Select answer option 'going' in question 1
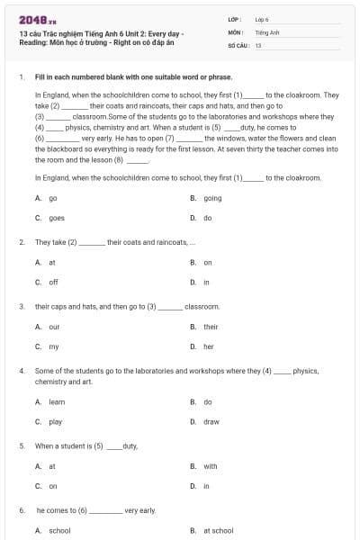point(212,198)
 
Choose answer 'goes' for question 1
point(56,218)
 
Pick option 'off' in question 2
point(53,282)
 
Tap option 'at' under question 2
point(51,263)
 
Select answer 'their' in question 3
point(211,327)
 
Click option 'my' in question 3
point(53,346)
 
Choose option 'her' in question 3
point(208,346)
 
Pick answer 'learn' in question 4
point(57,401)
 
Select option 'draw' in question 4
point(211,421)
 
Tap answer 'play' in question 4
point(55,421)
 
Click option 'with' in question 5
point(210,466)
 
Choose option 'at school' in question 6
point(218,531)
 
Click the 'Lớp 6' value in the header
point(262,18)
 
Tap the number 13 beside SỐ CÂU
point(258,44)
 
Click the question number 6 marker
point(21,510)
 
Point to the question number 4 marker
point(21,371)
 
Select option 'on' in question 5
point(53,486)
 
